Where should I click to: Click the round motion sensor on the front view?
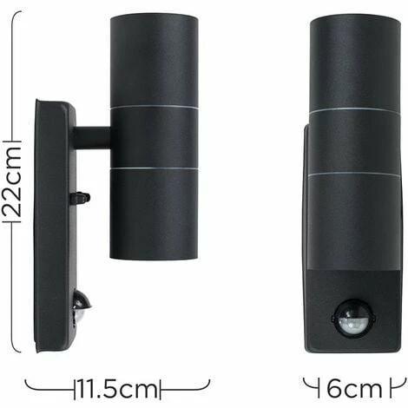click(353, 318)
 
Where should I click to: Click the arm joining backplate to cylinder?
click(92, 137)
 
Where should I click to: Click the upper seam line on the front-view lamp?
click(353, 111)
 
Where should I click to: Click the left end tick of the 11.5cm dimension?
click(26, 383)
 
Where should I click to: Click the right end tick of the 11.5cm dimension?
click(209, 383)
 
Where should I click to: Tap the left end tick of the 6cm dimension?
click(305, 383)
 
